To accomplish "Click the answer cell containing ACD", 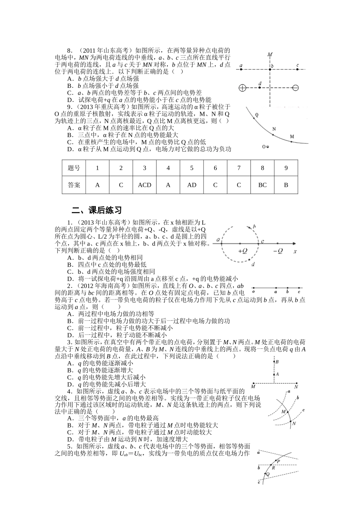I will tap(144, 185).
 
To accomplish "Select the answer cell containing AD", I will tap(192, 185).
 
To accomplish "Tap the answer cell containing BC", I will tap(262, 185).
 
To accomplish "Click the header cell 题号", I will tap(74, 168).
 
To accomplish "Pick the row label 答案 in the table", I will tap(74, 185).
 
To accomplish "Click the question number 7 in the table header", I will tap(239, 168).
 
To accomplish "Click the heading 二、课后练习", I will tap(97, 210).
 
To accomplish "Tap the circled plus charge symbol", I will tap(243, 88).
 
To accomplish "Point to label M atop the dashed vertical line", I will tap(269, 55).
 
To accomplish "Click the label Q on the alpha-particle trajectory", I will tap(257, 114).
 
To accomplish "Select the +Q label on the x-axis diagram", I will tap(243, 251).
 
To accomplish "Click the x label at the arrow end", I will tap(295, 251).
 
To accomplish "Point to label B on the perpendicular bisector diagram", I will tap(277, 362).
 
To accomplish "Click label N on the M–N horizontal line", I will tap(296, 387).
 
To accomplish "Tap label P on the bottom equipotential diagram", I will tap(279, 461).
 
